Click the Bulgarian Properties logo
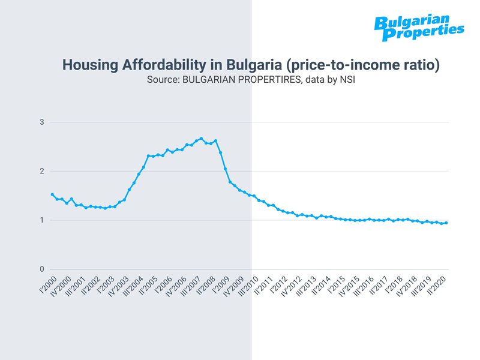coord(418,28)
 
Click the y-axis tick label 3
coord(42,122)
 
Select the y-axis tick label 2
coord(42,172)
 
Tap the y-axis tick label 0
coord(42,269)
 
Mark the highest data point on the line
coord(201,139)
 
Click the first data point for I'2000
coord(52,194)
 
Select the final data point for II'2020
coord(446,223)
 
